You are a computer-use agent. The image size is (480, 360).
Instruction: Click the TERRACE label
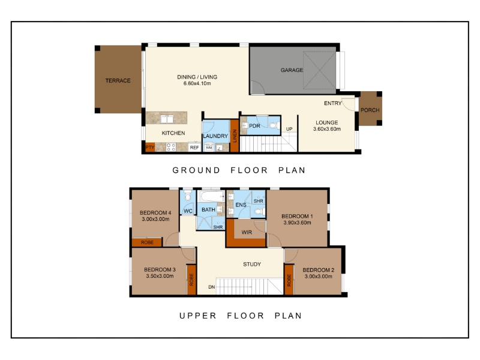click(x=118, y=80)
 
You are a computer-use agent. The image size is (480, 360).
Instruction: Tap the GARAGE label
click(x=292, y=70)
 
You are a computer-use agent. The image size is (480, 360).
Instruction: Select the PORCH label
click(x=370, y=110)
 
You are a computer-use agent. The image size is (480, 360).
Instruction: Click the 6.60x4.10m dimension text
click(x=197, y=83)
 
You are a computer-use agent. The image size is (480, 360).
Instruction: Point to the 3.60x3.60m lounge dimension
click(x=326, y=129)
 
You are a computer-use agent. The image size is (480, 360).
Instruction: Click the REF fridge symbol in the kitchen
click(x=194, y=147)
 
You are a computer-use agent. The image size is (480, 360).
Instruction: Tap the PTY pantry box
click(x=149, y=147)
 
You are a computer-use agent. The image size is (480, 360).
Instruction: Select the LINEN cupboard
click(x=235, y=136)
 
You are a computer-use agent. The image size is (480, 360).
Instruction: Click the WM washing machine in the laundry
click(x=209, y=147)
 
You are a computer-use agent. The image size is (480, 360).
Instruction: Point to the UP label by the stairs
click(x=289, y=129)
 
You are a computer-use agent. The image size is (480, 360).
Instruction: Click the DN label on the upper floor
click(x=212, y=287)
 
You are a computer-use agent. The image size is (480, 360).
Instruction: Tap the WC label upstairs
click(x=188, y=211)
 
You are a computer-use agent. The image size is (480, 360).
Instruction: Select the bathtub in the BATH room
click(x=211, y=196)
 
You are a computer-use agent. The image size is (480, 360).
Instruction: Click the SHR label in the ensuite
click(x=259, y=201)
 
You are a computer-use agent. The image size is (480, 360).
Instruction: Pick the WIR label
click(x=247, y=232)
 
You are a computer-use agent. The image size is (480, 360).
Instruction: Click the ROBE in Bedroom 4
click(x=146, y=242)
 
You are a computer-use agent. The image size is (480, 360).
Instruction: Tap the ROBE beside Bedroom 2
click(x=289, y=280)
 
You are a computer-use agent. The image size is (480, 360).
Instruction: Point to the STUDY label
click(x=252, y=264)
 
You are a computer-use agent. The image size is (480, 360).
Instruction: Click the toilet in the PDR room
click(x=274, y=125)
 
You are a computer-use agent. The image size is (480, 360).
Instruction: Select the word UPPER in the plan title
click(x=198, y=316)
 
